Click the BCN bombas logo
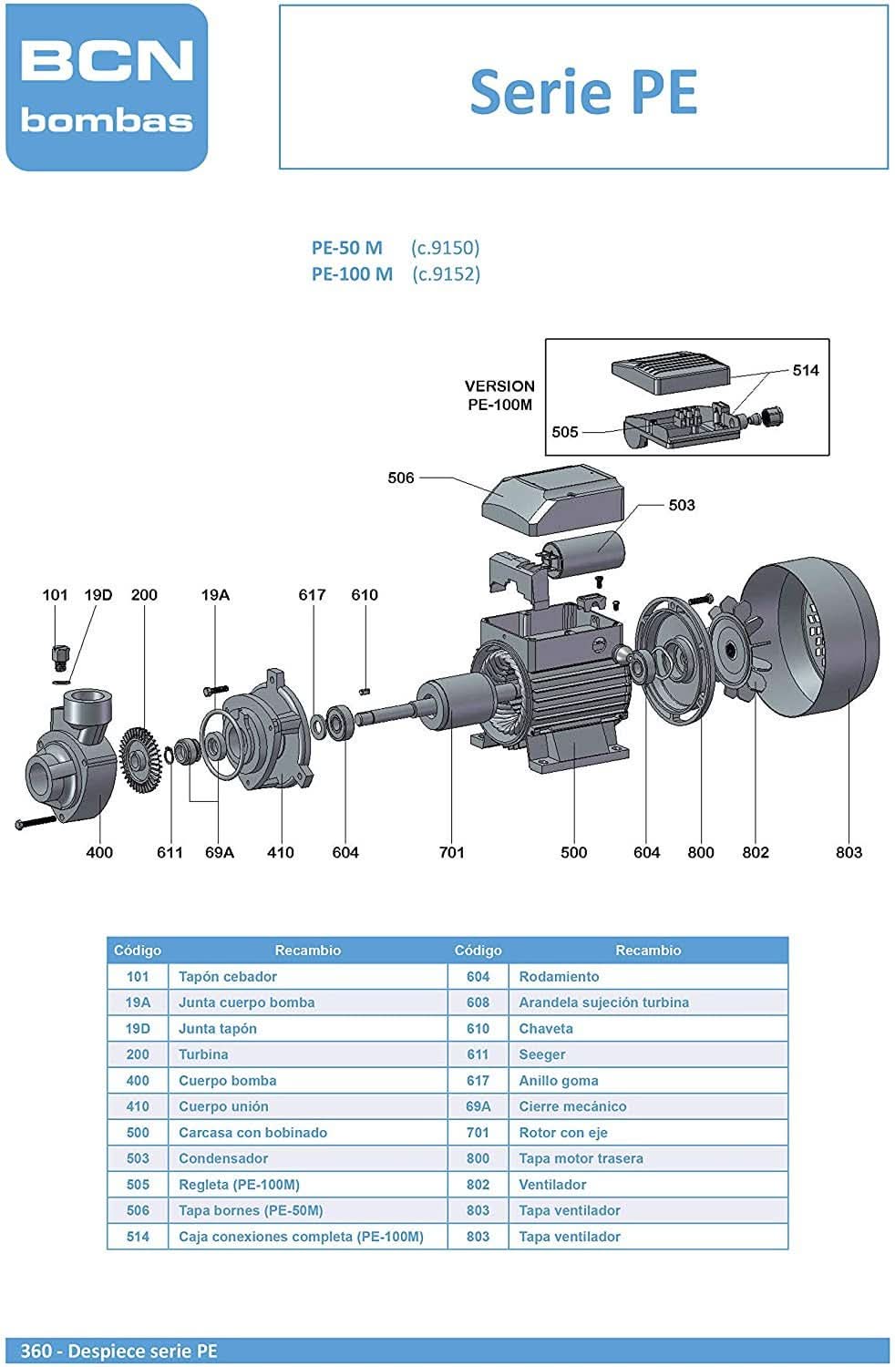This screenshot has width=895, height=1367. pos(107,87)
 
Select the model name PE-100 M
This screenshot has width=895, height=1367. pos(352,273)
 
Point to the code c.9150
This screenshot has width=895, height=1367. pos(445,247)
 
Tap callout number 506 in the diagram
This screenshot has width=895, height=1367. pos(401,478)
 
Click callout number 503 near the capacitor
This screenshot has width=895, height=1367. pos(682,505)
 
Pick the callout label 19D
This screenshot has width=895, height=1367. pos(98,595)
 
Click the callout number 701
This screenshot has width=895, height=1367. pos(452,852)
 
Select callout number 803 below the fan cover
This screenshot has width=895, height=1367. pos(849,852)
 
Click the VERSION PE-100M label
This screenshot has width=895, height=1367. pos(499,396)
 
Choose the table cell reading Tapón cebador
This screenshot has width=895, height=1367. pos(228,976)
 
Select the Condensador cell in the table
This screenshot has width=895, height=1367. pos(223,1158)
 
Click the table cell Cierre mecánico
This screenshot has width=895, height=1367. pos(572,1106)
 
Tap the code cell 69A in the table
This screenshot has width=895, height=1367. pos(478,1106)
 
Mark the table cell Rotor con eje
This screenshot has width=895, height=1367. pos(563,1133)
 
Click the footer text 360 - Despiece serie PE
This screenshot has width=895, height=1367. pos(119,1351)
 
